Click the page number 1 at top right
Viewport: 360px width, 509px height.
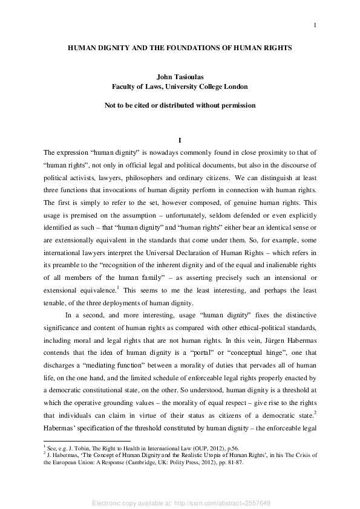[315, 25]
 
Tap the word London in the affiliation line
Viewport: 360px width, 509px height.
[235, 86]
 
